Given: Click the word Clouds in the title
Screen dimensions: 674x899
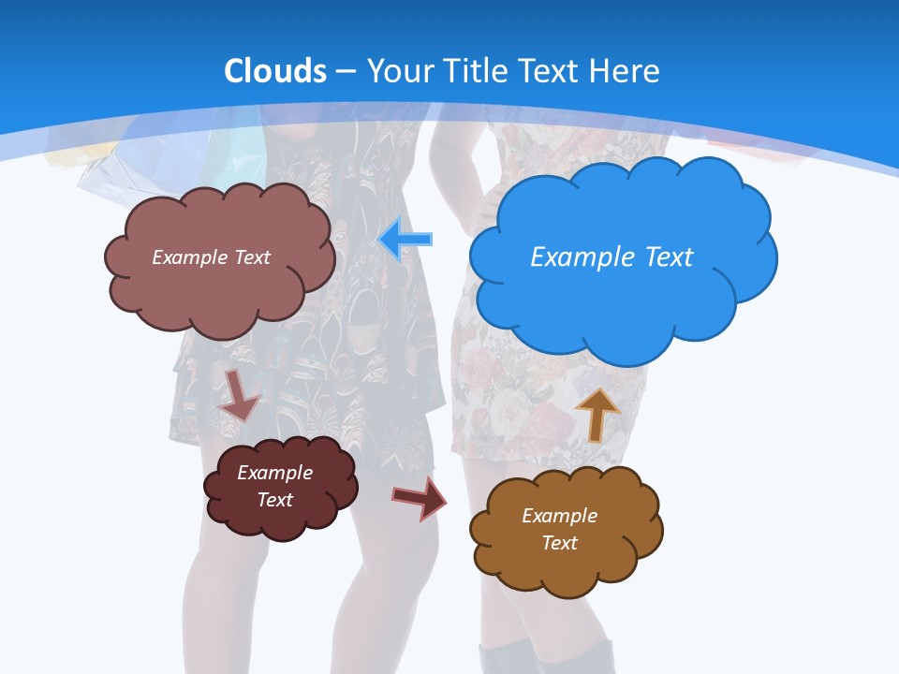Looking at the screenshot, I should [275, 71].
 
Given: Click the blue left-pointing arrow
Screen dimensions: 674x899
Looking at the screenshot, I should [406, 240].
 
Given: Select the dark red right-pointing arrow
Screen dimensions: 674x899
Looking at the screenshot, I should [420, 497].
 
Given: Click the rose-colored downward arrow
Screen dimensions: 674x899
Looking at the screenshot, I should [239, 395].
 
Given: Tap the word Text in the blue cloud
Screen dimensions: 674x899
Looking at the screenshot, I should [667, 256].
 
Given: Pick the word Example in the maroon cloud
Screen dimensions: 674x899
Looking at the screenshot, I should [274, 473].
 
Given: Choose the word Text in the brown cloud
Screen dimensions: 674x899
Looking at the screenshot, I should [559, 543].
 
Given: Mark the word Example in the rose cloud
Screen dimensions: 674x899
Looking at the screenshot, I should [190, 256].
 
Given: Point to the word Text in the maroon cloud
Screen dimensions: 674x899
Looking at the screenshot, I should [274, 500].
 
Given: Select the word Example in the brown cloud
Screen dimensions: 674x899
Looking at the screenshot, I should [559, 516].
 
